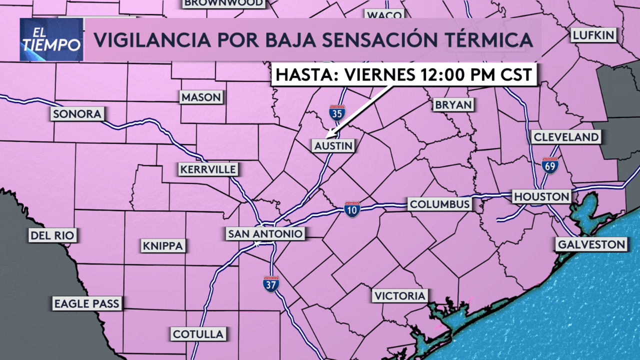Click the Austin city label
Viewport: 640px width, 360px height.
pyautogui.click(x=333, y=146)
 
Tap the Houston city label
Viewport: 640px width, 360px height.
pyautogui.click(x=541, y=196)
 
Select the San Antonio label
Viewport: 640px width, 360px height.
pyautogui.click(x=265, y=233)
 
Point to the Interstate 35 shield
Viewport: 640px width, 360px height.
pyautogui.click(x=337, y=113)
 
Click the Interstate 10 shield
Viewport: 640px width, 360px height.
pyautogui.click(x=352, y=209)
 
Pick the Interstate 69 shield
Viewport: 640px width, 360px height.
pyautogui.click(x=549, y=165)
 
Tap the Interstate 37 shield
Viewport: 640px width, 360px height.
pyautogui.click(x=271, y=283)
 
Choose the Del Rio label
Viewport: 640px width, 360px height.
pyautogui.click(x=53, y=235)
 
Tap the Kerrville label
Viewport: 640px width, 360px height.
pyautogui.click(x=208, y=169)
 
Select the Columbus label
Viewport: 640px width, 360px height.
pyautogui.click(x=439, y=204)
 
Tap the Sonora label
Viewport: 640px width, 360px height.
pyautogui.click(x=77, y=114)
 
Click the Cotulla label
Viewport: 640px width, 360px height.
pyautogui.click(x=198, y=334)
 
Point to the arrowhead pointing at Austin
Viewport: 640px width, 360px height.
pyautogui.click(x=328, y=134)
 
